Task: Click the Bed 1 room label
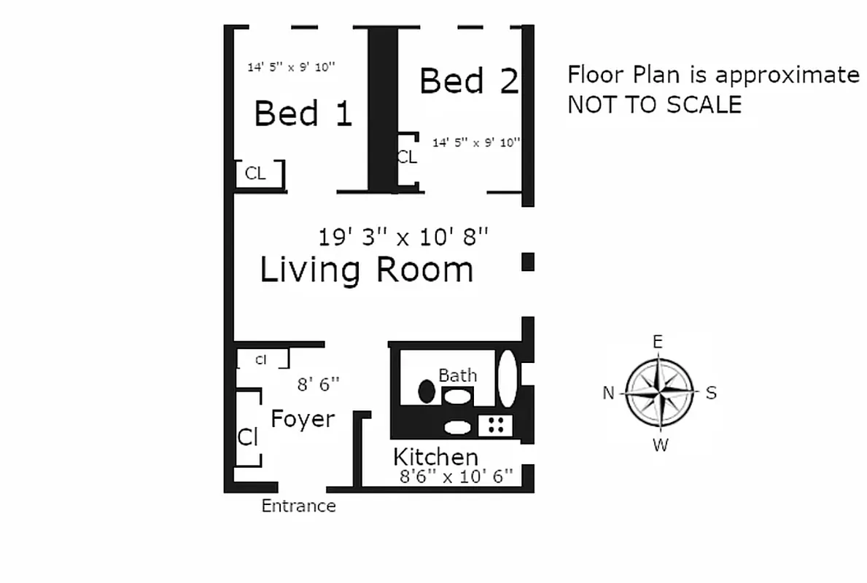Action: coord(303,114)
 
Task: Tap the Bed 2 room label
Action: coord(469,80)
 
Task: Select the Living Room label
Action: coord(367,270)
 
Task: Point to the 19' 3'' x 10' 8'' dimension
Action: coord(403,237)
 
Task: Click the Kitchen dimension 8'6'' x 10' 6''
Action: coord(456,477)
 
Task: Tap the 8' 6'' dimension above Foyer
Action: coord(318,384)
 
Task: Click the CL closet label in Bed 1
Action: coord(255,173)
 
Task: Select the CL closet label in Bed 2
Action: coord(406,157)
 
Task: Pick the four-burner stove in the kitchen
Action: coord(496,425)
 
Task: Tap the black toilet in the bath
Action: coord(427,391)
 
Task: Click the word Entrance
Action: coord(299,506)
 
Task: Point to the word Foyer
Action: coord(303,419)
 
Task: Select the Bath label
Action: coord(457,375)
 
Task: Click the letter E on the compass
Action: coord(657,342)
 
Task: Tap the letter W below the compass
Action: coord(660,445)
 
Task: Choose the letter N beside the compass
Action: coord(609,394)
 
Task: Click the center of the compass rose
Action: coord(659,393)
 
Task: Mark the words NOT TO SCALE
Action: coord(654,105)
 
